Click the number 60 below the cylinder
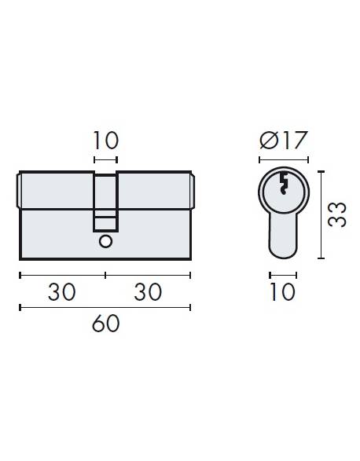point(105,323)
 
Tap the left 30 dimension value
point(61,292)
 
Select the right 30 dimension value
point(148,292)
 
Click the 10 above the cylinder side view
point(105,141)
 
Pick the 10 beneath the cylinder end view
point(282,292)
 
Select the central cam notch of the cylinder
point(105,203)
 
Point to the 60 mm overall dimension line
point(105,306)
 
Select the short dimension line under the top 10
point(105,159)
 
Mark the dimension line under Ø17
point(283,159)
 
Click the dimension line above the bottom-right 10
point(283,275)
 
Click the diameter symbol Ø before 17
point(267,142)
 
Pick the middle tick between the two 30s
point(105,275)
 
